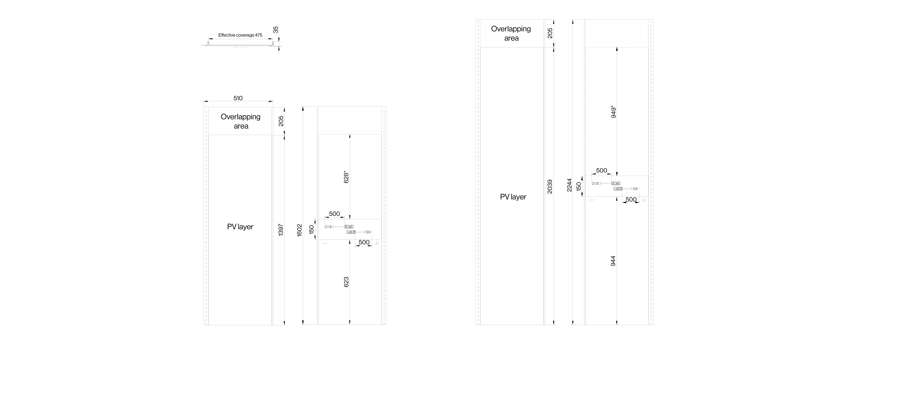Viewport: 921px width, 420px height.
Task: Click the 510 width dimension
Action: [238, 98]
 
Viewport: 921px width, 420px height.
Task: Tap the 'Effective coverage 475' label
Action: [240, 35]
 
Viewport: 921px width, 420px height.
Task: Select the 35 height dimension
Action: [276, 30]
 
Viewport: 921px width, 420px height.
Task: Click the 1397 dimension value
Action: [281, 230]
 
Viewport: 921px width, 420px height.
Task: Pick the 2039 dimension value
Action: [550, 187]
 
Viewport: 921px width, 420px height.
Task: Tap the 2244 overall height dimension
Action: [569, 185]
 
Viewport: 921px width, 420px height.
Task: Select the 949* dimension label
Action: [613, 112]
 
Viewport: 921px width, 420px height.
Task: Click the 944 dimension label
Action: [613, 261]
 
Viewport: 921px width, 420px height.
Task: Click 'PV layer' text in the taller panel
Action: [513, 197]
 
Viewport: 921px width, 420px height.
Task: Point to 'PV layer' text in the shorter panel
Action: [240, 227]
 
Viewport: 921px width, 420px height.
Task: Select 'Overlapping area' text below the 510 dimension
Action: [241, 121]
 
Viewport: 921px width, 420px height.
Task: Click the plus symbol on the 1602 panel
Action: [377, 243]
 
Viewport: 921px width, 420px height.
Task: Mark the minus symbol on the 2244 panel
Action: [592, 200]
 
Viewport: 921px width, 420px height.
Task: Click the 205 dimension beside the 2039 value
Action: [550, 33]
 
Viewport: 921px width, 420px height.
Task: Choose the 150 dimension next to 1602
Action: [311, 229]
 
